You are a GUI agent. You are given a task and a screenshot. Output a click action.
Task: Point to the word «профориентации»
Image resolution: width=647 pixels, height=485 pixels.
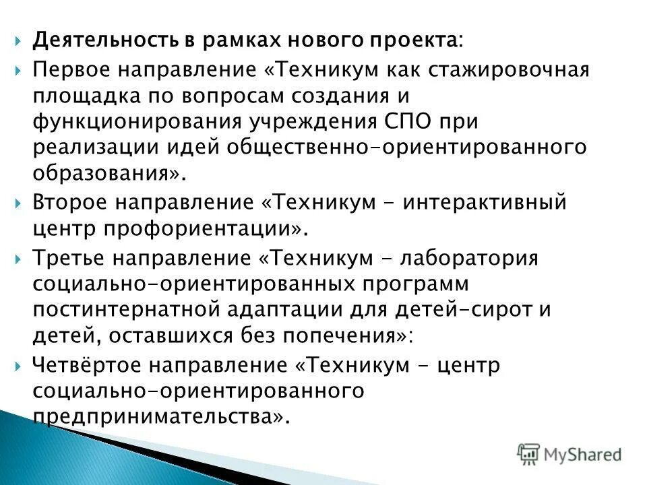click(200, 229)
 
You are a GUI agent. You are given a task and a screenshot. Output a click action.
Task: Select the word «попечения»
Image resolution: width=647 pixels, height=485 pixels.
click(337, 335)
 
